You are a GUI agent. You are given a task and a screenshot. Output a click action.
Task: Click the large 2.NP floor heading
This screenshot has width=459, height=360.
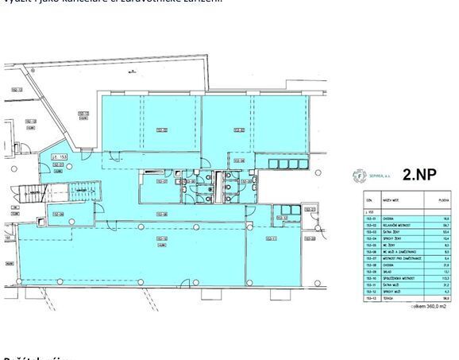[418, 176]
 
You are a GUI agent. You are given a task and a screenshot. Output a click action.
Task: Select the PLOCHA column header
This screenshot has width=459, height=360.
[445, 199]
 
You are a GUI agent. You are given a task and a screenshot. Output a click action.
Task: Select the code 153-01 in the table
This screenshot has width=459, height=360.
[370, 219]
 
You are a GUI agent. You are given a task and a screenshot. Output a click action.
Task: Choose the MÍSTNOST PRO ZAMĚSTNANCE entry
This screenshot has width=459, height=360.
[400, 259]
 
